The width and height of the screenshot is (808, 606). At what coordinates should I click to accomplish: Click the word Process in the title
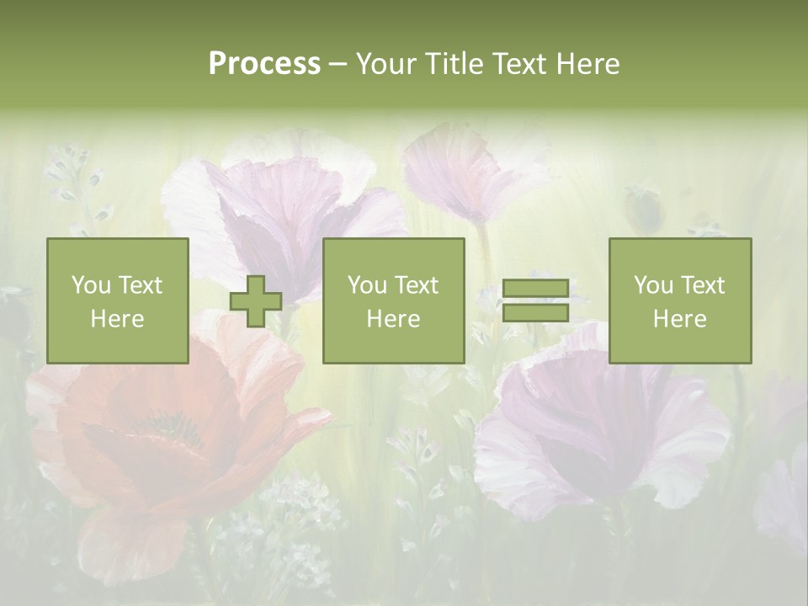264,64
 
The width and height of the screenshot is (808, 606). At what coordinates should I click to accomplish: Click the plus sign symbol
256,301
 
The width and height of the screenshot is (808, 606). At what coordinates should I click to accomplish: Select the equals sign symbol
535,301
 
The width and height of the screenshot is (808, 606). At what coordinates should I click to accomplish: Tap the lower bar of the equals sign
535,313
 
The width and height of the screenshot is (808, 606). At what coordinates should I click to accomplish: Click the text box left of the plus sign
117,300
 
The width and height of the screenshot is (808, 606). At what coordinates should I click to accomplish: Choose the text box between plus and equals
393,300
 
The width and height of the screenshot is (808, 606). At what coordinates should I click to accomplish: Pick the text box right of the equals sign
679,300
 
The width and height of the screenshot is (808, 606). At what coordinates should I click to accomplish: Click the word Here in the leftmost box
117,319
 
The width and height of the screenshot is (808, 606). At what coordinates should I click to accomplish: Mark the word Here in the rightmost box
679,319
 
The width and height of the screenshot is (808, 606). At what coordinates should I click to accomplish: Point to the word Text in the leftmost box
140,285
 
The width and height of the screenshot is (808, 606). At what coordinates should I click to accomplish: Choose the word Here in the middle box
393,319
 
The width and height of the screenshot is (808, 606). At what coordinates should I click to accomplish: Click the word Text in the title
516,64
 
